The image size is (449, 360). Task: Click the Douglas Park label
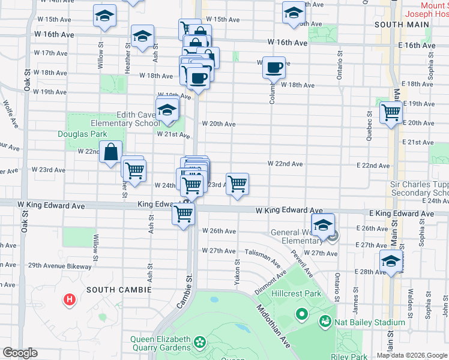click(82, 134)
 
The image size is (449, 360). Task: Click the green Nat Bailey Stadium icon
click(325, 322)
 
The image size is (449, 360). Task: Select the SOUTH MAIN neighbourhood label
click(401, 25)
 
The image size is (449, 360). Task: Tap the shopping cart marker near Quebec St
click(391, 112)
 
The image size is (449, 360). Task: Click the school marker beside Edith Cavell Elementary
click(167, 109)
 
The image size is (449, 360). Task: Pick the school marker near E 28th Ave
click(391, 262)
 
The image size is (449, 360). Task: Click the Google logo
click(20, 353)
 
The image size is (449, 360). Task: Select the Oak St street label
click(28, 80)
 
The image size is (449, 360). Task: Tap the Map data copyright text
click(412, 355)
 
